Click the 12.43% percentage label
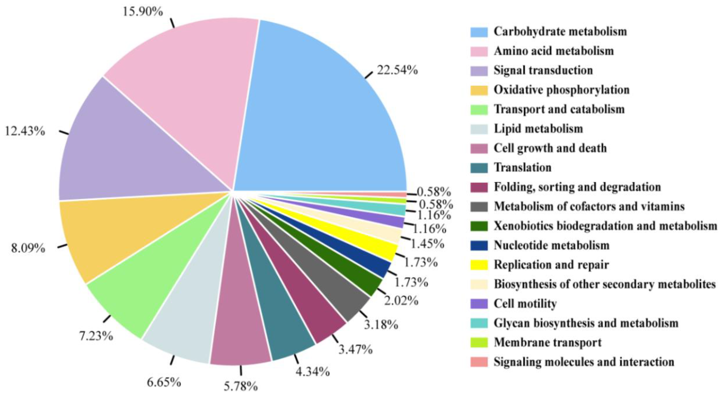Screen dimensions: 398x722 [x=25, y=131]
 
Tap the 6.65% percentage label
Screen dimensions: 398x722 [x=164, y=382]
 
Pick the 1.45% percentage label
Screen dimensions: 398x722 [x=427, y=244]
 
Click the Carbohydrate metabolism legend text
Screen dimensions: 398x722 [x=560, y=31]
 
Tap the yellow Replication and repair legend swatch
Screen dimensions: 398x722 [x=479, y=265]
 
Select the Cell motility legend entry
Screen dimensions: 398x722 [x=525, y=303]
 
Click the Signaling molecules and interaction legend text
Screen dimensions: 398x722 [x=584, y=362]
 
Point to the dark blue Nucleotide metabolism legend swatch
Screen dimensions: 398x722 [x=479, y=245]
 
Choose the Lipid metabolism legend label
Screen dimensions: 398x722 [x=538, y=129]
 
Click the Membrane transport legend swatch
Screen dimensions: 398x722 [x=479, y=342]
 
